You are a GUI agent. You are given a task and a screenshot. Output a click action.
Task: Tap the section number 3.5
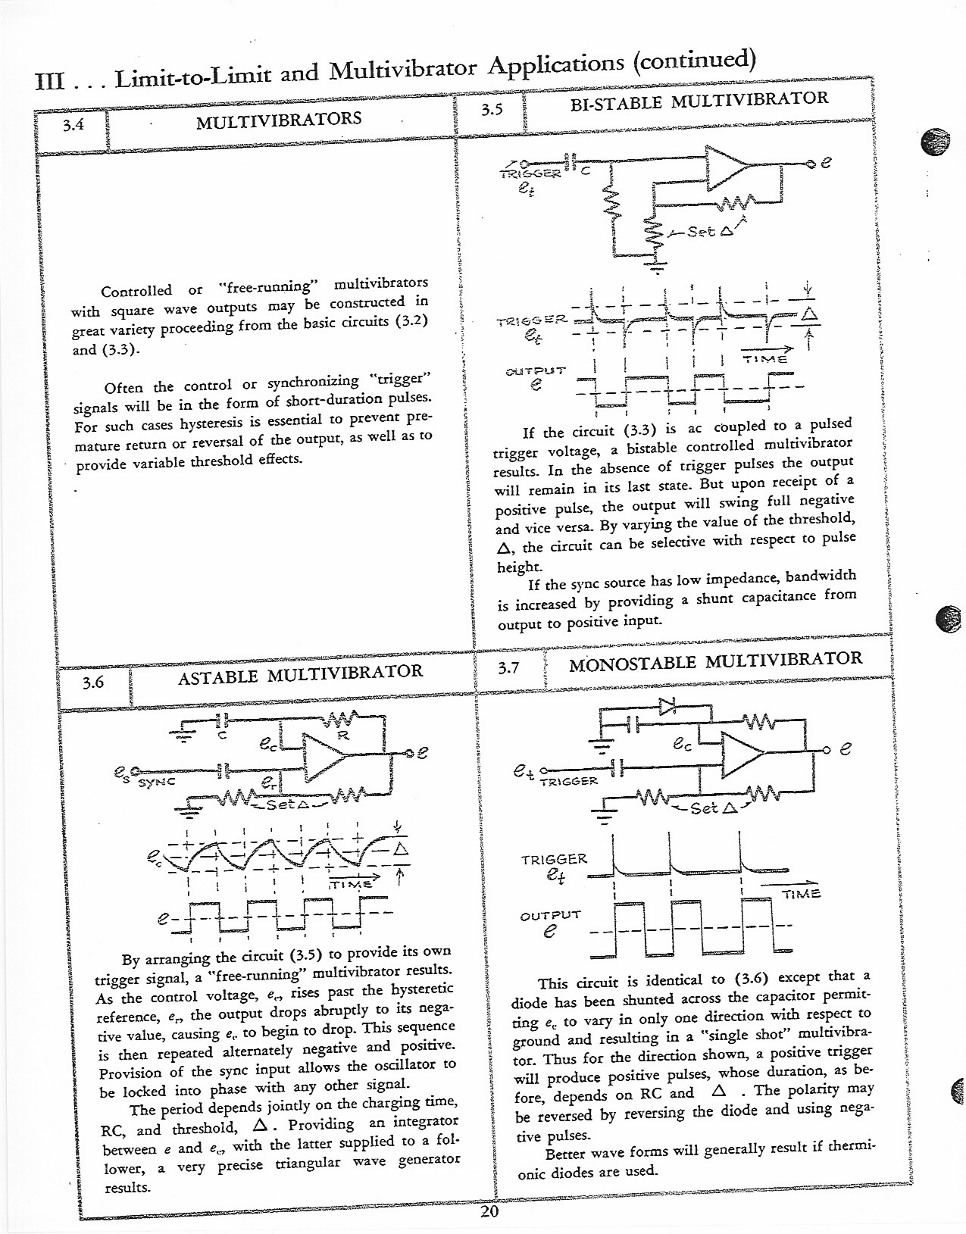492,109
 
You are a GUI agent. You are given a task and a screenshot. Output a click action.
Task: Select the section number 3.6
92,683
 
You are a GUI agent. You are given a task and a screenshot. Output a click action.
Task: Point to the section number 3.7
508,668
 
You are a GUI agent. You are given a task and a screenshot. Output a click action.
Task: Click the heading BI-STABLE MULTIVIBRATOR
699,99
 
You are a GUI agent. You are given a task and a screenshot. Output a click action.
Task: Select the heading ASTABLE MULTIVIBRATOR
300,672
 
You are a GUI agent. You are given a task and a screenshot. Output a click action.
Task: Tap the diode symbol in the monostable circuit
667,706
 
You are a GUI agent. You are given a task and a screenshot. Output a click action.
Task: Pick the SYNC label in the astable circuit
156,781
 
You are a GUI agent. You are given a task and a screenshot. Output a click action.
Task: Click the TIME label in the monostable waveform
801,894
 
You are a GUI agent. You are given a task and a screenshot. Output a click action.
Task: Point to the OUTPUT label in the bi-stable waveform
535,371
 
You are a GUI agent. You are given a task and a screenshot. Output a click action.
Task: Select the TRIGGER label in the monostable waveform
554,859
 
